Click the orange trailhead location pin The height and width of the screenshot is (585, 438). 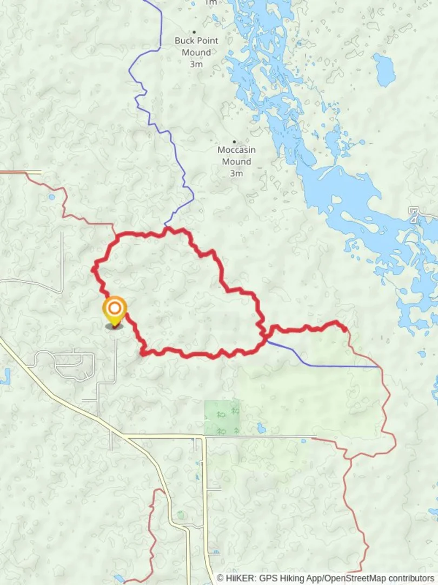click(x=115, y=310)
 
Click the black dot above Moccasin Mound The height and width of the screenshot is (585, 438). click(x=234, y=142)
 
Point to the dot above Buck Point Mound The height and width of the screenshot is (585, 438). click(x=194, y=32)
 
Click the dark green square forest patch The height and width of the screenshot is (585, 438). click(x=222, y=418)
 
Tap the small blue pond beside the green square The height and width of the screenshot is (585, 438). click(x=261, y=428)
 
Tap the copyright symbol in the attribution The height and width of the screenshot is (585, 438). click(x=220, y=578)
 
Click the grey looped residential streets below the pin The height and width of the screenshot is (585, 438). click(x=65, y=364)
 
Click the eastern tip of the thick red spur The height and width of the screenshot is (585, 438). click(x=345, y=328)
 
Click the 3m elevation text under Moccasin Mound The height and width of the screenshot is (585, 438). click(x=236, y=173)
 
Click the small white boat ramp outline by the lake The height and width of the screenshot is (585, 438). click(x=414, y=214)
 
